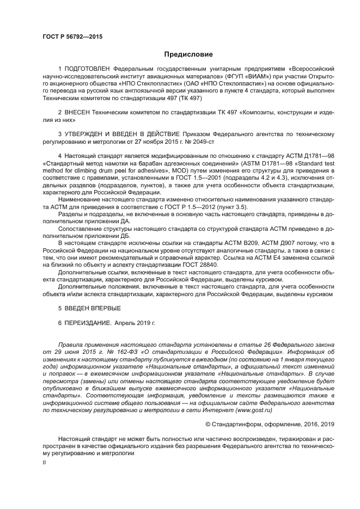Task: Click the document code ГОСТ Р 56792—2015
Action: [72, 36]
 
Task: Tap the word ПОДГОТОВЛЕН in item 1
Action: [88, 70]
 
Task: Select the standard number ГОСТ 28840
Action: [199, 265]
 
